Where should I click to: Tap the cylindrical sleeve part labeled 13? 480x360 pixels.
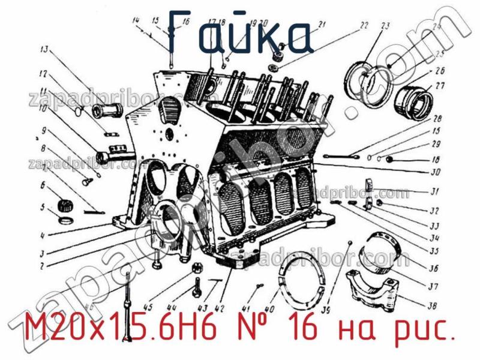point(108,111)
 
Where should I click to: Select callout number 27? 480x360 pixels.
point(440,86)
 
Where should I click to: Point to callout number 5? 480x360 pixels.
point(43,208)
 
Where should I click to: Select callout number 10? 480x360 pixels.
point(44,109)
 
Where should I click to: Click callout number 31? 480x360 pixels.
point(436,193)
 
